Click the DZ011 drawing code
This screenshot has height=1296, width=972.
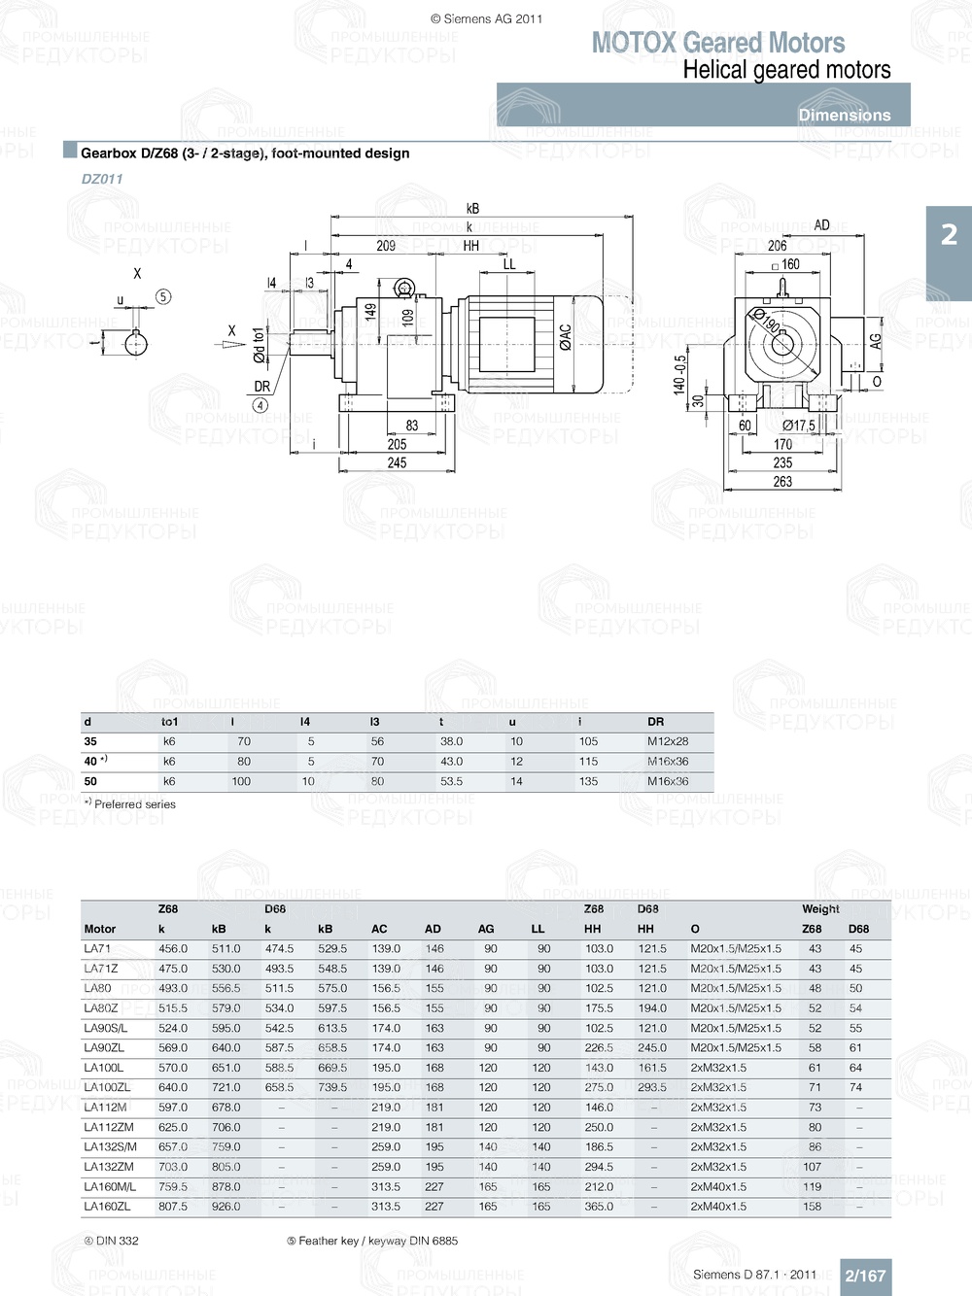[x=102, y=179]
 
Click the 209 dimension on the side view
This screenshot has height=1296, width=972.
[x=386, y=246]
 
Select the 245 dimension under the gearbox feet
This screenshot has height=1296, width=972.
[x=397, y=462]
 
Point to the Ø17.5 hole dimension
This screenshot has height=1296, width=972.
[x=799, y=426]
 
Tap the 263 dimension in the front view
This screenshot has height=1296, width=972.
[x=782, y=481]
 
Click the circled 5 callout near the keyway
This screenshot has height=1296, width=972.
[x=163, y=296]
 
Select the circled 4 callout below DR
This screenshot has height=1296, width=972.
[x=260, y=405]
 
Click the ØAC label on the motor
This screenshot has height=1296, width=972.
[x=566, y=337]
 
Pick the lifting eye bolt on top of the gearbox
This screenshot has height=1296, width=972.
[x=403, y=289]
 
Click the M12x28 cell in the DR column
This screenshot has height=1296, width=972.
[x=668, y=741]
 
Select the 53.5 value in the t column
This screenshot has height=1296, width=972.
[x=451, y=781]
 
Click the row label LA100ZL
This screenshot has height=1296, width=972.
[x=107, y=1087]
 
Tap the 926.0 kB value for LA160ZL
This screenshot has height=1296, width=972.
[x=226, y=1207]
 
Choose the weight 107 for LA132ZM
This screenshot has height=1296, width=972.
[x=812, y=1167]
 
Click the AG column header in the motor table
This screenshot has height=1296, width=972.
[x=486, y=929]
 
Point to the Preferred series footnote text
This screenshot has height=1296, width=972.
[x=134, y=804]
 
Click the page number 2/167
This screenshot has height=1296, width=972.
[x=865, y=1276]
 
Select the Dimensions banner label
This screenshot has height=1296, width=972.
[x=844, y=115]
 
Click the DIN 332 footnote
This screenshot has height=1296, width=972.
[x=112, y=1241]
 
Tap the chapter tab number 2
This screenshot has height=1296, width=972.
[x=949, y=234]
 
